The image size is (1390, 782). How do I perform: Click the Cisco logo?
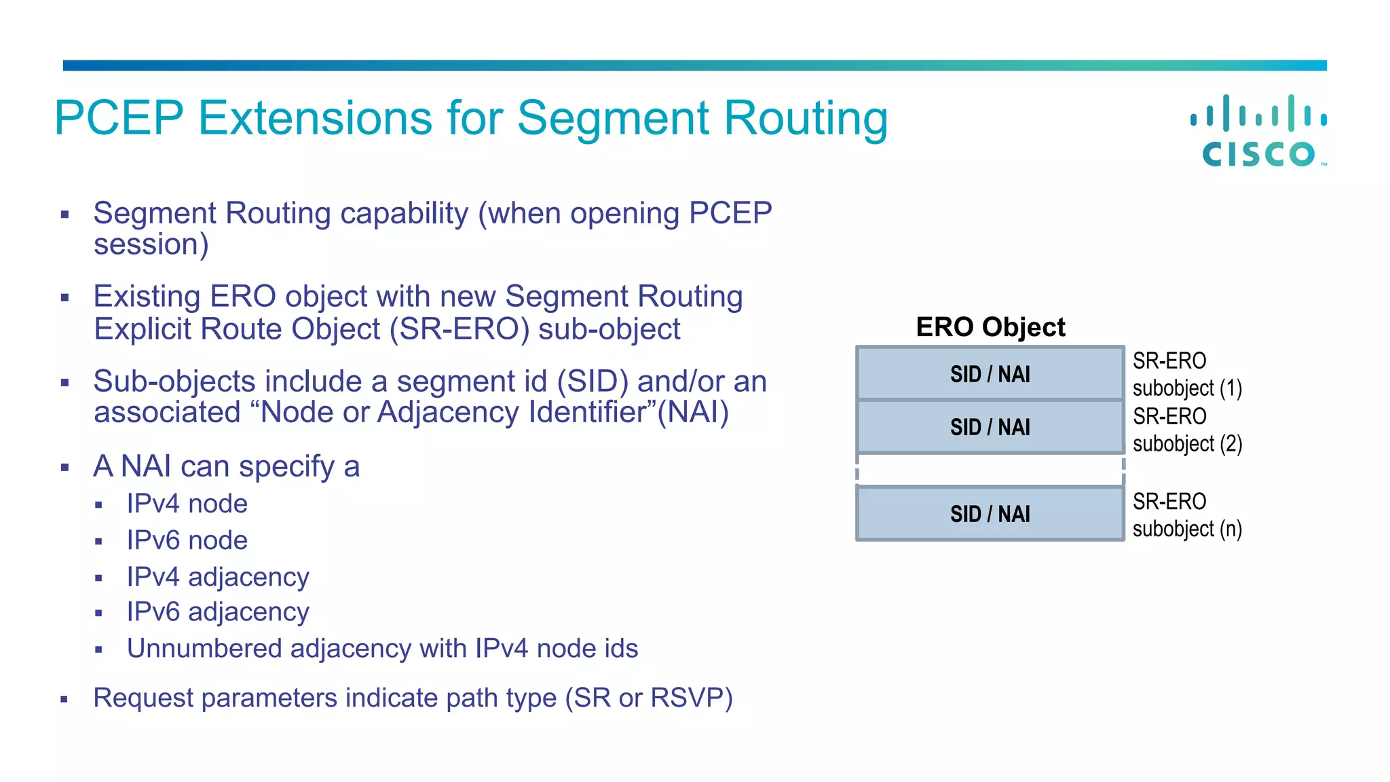click(1259, 131)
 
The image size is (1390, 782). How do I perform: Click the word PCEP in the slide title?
click(119, 118)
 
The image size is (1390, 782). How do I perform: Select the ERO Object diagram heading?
click(990, 327)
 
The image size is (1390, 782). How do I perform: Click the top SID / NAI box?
click(990, 374)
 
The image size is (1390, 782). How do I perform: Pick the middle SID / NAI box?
click(990, 427)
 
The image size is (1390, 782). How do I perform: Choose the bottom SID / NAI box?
click(990, 514)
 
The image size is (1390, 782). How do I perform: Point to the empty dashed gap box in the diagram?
click(990, 470)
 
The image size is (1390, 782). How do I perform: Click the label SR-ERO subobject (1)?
click(1187, 374)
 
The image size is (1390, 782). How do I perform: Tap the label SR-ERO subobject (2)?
click(1187, 430)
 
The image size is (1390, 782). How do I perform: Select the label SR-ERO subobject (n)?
click(1187, 515)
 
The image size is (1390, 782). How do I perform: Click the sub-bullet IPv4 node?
click(187, 504)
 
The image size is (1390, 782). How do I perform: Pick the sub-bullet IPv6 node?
click(187, 540)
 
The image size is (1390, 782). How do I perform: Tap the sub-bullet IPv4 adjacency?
click(218, 577)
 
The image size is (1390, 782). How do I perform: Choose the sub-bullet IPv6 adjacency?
click(218, 612)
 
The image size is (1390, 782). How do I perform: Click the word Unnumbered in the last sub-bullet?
click(204, 648)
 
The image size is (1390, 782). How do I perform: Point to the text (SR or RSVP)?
click(649, 698)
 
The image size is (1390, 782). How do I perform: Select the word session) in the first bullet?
click(151, 244)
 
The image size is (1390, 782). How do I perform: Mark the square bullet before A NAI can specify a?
click(65, 468)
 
